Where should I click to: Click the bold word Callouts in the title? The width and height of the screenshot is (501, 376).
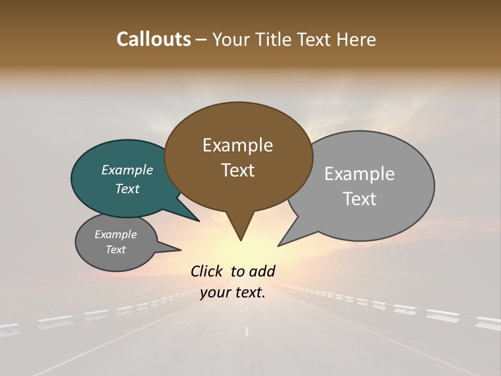[153, 39]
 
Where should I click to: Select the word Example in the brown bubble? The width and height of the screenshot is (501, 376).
[237, 145]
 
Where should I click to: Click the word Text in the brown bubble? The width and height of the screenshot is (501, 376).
[238, 170]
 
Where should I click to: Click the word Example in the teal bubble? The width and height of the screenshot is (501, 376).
[127, 170]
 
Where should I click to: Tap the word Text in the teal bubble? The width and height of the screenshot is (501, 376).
[127, 189]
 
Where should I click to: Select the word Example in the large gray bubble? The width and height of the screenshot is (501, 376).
[360, 174]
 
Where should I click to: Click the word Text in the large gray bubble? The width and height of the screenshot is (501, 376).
[360, 199]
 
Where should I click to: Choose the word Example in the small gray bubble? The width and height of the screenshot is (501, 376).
[116, 234]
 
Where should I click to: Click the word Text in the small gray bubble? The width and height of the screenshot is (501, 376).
[116, 250]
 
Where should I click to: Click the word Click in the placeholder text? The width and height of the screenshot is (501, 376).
[207, 271]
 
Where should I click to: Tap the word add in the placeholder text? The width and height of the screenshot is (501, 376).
[262, 271]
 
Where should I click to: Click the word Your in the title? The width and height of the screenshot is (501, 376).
[230, 39]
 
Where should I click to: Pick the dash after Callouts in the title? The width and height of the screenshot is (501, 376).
[201, 39]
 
